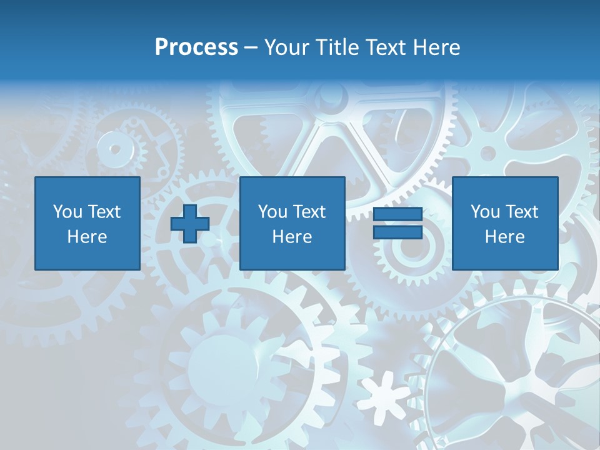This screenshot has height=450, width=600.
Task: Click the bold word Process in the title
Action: pyautogui.click(x=196, y=47)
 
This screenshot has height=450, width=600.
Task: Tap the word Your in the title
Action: pyautogui.click(x=285, y=47)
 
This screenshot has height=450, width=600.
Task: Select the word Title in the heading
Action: pyautogui.click(x=335, y=47)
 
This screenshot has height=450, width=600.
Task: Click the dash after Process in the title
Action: pyautogui.click(x=251, y=48)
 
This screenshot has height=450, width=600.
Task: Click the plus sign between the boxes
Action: pyautogui.click(x=190, y=224)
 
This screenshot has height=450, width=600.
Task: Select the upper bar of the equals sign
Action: pyautogui.click(x=397, y=214)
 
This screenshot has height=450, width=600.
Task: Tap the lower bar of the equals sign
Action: pyautogui.click(x=397, y=232)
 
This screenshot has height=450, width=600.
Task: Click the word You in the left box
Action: pyautogui.click(x=67, y=212)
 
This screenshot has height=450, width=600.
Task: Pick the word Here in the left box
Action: pyautogui.click(x=87, y=237)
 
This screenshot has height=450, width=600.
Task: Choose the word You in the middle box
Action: pyautogui.click(x=272, y=212)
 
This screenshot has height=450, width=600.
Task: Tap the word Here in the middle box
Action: pyautogui.click(x=292, y=237)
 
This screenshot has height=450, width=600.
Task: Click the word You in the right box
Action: pyautogui.click(x=485, y=212)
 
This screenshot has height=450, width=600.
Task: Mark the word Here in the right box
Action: pyautogui.click(x=504, y=237)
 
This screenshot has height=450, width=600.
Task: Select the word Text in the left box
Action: pyautogui.click(x=104, y=212)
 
